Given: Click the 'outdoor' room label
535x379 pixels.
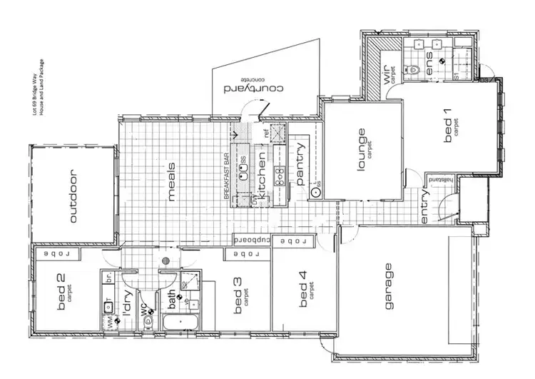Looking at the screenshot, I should point(74,196).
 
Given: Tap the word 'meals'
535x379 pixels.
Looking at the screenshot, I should point(172,182).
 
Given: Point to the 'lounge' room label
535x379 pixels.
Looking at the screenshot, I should point(362,146).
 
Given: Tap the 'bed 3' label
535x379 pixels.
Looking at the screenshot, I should point(238,296).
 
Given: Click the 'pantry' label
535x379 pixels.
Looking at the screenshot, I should point(301,163).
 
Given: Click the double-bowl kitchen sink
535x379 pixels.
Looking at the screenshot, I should point(245,172).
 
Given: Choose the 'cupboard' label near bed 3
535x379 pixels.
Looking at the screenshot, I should point(252,241).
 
